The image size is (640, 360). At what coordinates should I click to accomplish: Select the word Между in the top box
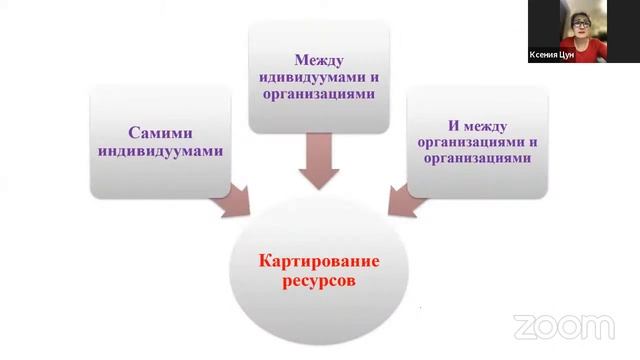319,59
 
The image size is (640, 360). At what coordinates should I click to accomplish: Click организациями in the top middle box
319,95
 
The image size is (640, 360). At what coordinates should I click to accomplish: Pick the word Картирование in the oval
319,262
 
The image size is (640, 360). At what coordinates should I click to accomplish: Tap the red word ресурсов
319,283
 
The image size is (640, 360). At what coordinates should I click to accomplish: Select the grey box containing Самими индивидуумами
160,140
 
